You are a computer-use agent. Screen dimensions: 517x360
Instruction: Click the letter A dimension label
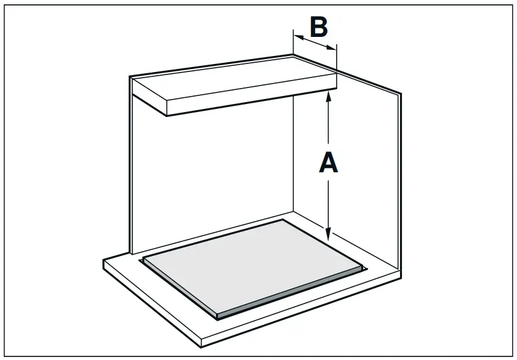329,163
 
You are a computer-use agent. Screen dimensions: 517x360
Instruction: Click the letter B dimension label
318,27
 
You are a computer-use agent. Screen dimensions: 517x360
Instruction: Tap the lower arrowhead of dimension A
329,234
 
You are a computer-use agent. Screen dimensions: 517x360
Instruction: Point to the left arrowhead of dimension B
297,37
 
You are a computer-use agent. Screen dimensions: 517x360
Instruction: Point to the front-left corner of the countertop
103,261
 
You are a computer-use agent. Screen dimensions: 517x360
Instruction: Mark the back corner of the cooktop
283,220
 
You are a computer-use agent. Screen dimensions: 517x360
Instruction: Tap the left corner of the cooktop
143,259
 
